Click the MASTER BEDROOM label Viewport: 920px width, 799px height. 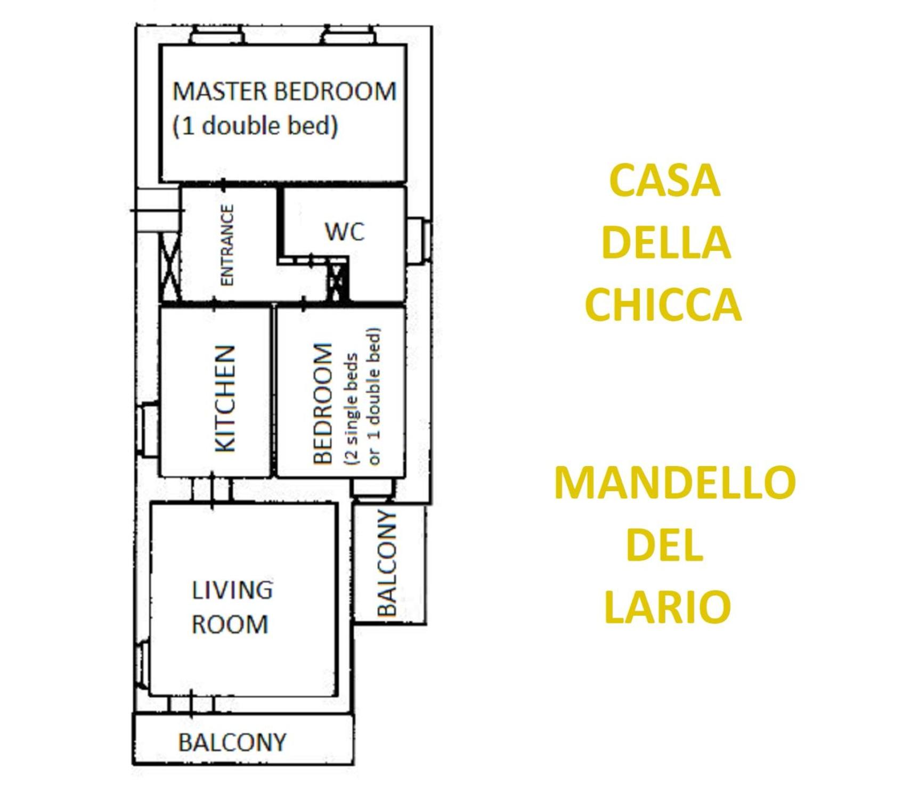pos(284,91)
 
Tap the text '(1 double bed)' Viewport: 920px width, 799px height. pos(255,126)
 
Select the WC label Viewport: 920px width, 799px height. pos(345,231)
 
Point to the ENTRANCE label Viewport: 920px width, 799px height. pos(227,245)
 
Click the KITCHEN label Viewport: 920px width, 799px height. pos(225,399)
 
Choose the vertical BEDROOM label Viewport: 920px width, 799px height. pos(323,404)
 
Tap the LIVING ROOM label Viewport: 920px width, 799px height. pos(232,607)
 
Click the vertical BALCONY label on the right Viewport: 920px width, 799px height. pos(387,563)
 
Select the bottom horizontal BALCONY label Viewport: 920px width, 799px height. pos(232,742)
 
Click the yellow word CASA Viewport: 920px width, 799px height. pos(664,180)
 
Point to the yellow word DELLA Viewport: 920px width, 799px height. pos(665,242)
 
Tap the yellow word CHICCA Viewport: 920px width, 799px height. pos(663,305)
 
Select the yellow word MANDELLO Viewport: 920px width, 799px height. pos(675,483)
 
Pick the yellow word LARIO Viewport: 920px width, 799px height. pos(667,607)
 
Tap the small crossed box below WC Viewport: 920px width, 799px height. pos(337,281)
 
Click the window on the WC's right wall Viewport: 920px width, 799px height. pos(419,240)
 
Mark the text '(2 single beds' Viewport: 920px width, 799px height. pos(352,409)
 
